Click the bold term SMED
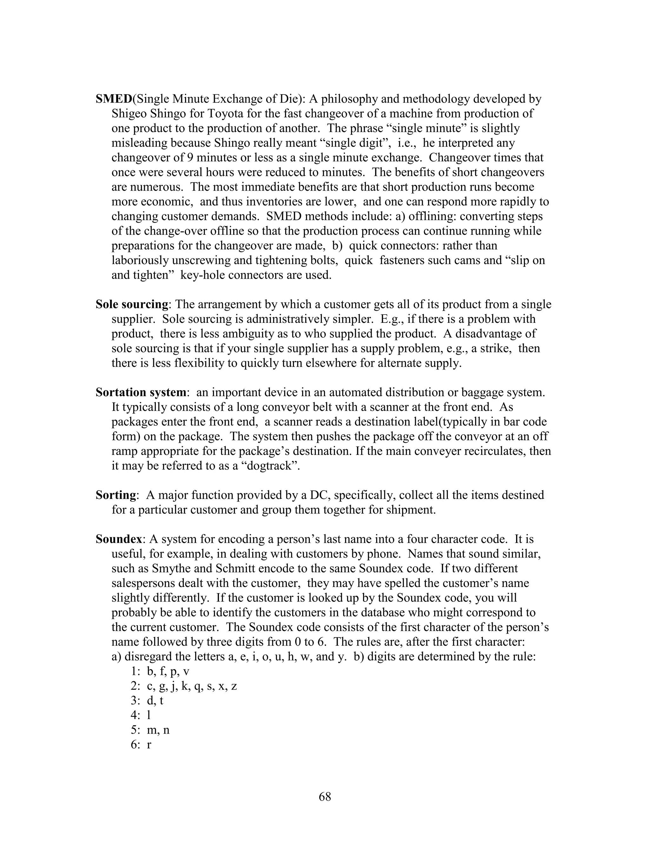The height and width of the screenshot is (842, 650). [114, 99]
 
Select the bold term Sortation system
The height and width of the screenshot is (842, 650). [141, 392]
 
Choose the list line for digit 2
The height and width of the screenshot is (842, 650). [183, 686]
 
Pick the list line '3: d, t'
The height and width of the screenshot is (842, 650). [147, 701]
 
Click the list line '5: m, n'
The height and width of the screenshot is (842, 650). [150, 730]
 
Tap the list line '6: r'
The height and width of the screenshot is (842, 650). [141, 744]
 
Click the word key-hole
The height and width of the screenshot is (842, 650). [200, 275]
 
